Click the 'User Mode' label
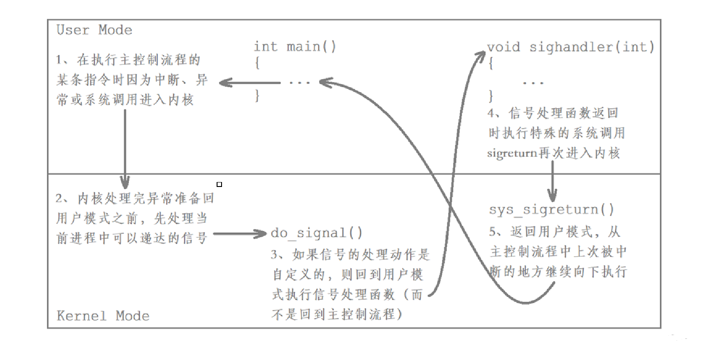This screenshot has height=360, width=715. (94, 30)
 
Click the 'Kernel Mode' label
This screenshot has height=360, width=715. (103, 316)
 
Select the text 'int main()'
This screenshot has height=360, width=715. (294, 46)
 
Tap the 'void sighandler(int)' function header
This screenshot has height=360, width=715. (570, 47)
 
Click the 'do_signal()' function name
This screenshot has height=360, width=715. (316, 233)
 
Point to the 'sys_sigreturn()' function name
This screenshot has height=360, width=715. (551, 209)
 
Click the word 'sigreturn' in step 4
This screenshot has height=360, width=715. (512, 153)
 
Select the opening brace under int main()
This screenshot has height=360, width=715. (257, 62)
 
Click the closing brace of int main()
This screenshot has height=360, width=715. (257, 95)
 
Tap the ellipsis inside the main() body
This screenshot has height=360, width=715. (299, 83)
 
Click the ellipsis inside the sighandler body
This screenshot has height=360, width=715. (533, 83)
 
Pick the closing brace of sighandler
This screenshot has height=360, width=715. (491, 96)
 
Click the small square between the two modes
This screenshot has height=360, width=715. (219, 184)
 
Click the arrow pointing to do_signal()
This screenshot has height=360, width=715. (240, 234)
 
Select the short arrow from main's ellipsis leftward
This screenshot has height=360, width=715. (250, 83)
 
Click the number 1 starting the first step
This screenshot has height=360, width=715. (59, 60)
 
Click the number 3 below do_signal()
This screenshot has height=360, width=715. (274, 255)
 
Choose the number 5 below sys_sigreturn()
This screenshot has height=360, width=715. (493, 232)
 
